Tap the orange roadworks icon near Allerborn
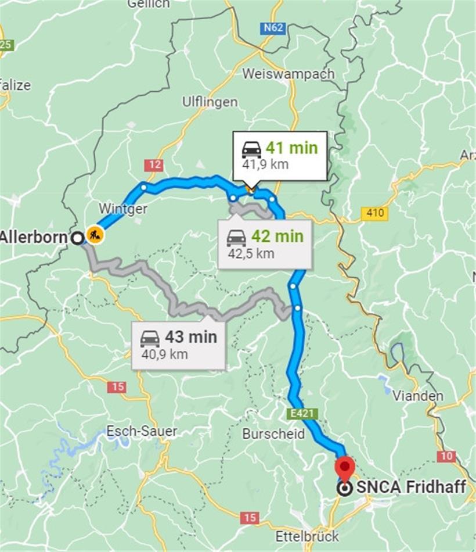click(x=95, y=235)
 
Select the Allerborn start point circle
click(x=77, y=238)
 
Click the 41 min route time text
click(x=292, y=148)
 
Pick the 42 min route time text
click(x=277, y=236)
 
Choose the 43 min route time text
click(x=190, y=336)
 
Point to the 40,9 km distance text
click(x=164, y=353)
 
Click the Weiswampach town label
click(x=289, y=74)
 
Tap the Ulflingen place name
click(x=210, y=102)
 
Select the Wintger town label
click(x=122, y=209)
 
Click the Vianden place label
click(x=418, y=396)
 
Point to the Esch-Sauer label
click(x=142, y=431)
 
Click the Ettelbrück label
click(x=307, y=535)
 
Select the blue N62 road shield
click(x=273, y=27)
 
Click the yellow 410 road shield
click(x=374, y=213)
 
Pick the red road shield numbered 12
click(x=154, y=165)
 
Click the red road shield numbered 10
click(x=446, y=456)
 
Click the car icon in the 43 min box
click(x=150, y=338)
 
